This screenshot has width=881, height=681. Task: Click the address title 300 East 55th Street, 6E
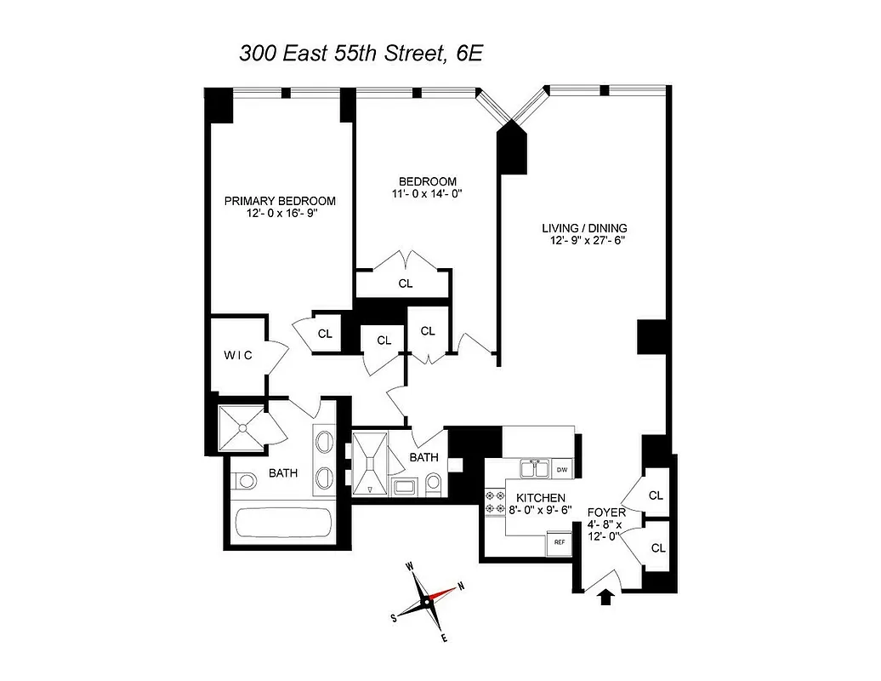point(361,54)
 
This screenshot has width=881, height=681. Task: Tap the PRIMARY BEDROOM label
point(280,201)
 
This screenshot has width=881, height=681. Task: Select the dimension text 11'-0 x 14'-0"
point(428,194)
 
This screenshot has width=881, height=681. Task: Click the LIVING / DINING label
point(585,227)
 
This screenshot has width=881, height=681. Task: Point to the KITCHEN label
point(539,498)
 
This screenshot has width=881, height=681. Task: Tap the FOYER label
point(606,512)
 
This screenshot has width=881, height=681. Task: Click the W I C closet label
point(237,355)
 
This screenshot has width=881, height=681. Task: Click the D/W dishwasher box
point(561,470)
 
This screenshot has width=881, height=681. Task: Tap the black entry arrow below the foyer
point(605,598)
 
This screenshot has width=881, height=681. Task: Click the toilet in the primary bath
point(245,483)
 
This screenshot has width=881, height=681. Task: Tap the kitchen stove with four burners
point(494,501)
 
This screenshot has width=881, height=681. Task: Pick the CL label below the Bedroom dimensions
point(405,283)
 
